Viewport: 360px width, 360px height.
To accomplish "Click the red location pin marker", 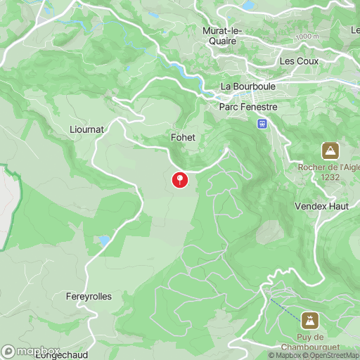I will (181, 180).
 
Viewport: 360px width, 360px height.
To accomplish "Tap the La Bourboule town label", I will (247, 86).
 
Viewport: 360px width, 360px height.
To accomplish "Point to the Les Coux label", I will (299, 61).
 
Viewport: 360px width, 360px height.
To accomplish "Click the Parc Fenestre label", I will (248, 107).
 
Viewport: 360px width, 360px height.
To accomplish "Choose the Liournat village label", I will (87, 129).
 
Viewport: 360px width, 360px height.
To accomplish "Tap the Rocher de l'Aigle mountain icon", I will (329, 150).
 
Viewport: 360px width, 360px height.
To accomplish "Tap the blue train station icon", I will (262, 123).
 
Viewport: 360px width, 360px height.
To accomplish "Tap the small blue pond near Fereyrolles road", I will (104, 240).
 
